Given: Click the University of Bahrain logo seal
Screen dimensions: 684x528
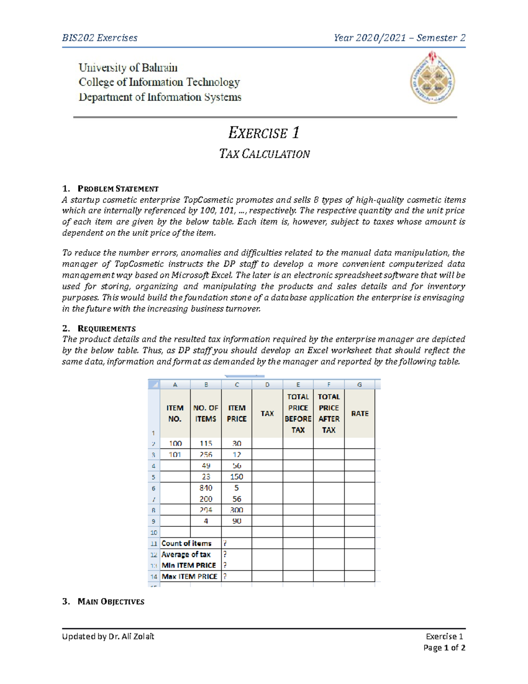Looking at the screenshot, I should pyautogui.click(x=433, y=78).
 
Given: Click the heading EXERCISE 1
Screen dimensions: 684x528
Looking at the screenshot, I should pyautogui.click(x=264, y=133).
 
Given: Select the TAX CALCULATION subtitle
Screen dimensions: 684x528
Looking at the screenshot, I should pyautogui.click(x=264, y=154).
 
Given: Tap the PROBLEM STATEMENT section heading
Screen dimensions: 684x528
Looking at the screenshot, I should pyautogui.click(x=117, y=189).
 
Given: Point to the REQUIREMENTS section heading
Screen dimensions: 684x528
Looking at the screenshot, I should pyautogui.click(x=106, y=329).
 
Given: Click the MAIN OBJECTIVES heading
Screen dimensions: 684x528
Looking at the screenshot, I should pyautogui.click(x=110, y=602).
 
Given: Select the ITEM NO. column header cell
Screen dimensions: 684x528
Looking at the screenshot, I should pyautogui.click(x=175, y=414).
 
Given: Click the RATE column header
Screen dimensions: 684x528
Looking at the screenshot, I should pyautogui.click(x=359, y=414).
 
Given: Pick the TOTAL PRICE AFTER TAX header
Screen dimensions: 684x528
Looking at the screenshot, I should pyautogui.click(x=329, y=414).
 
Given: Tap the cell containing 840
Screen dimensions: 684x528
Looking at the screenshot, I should pyautogui.click(x=205, y=488).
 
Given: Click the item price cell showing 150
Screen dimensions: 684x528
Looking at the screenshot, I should pyautogui.click(x=236, y=477).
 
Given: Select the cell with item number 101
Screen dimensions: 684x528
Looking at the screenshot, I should pyautogui.click(x=175, y=455).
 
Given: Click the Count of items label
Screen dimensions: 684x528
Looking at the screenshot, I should pyautogui.click(x=186, y=544).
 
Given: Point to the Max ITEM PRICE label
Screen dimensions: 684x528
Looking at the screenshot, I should pyautogui.click(x=189, y=577).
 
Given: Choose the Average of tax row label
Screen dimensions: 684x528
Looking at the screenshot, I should pyautogui.click(x=186, y=555).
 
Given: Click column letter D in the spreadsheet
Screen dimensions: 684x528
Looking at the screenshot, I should pyautogui.click(x=267, y=385).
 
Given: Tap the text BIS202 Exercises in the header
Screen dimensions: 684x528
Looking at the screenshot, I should pyautogui.click(x=100, y=38).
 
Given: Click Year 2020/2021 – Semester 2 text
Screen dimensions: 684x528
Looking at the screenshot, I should pyautogui.click(x=399, y=38).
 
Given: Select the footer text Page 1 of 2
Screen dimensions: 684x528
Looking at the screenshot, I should pyautogui.click(x=444, y=648).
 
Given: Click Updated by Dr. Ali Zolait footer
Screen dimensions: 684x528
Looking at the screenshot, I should pyautogui.click(x=108, y=636).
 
